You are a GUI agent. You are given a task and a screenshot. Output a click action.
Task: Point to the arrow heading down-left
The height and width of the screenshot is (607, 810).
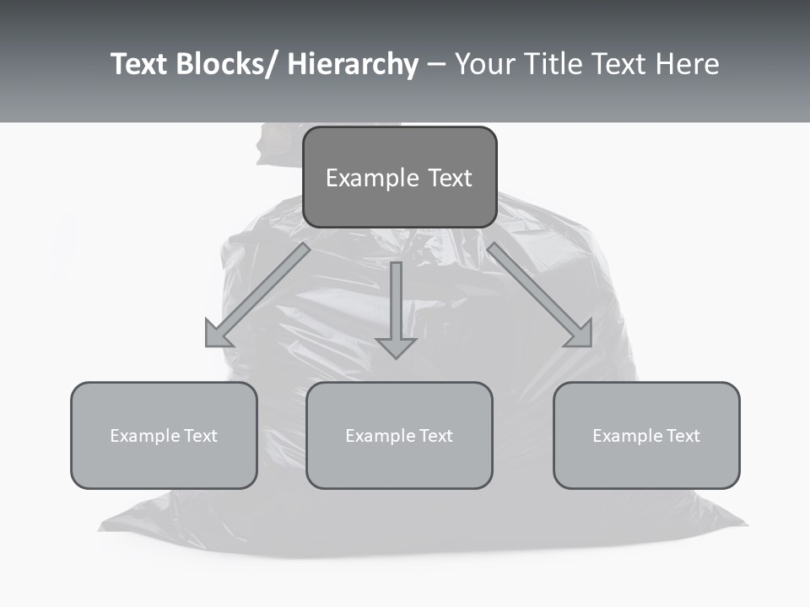point(257,295)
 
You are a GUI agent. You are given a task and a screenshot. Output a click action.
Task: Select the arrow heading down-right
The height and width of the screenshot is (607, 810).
point(540,295)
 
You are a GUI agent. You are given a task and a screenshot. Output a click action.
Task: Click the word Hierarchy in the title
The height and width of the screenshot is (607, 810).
point(352,64)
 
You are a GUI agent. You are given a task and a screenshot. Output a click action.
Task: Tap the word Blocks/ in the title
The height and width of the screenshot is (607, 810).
point(229,64)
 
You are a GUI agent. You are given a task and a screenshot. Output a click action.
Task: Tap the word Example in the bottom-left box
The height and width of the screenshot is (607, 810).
point(145,436)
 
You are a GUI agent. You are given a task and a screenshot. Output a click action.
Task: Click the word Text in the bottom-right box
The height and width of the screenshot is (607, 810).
point(682,436)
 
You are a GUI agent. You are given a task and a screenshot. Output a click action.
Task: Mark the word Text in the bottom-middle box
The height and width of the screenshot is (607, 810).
point(435,436)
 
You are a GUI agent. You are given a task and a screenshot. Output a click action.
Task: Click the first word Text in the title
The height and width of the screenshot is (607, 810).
point(141,64)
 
